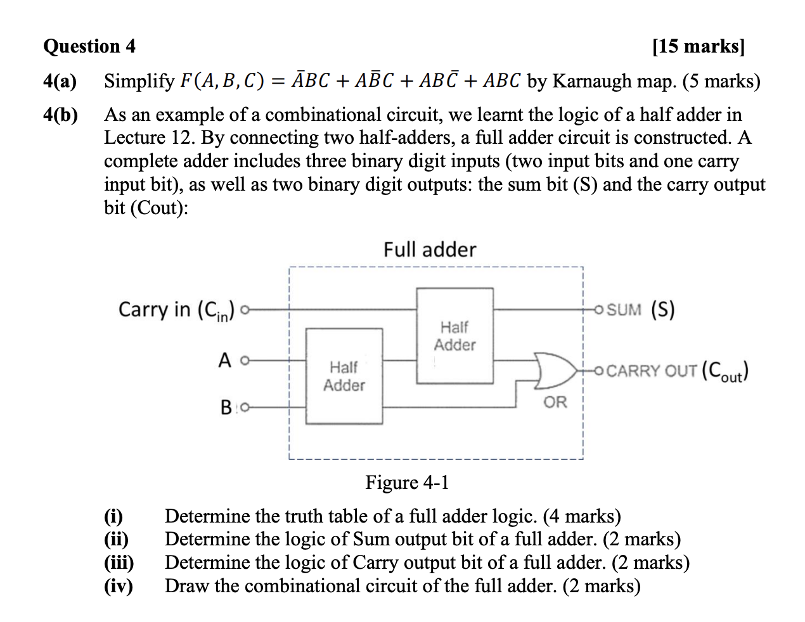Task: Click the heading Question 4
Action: [89, 46]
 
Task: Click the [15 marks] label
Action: [699, 46]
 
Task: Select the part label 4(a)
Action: [60, 81]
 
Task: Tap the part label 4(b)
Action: [60, 115]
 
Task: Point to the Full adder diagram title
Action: [429, 250]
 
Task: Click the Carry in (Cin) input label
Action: [176, 310]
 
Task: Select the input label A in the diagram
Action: [225, 360]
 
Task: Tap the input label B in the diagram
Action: [226, 407]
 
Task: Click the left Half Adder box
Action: [344, 376]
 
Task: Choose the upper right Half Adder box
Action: [454, 336]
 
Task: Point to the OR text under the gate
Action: [555, 402]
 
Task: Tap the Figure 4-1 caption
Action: [407, 483]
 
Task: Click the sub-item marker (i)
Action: [113, 516]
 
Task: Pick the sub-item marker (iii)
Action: [119, 562]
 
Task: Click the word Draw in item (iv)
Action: [186, 586]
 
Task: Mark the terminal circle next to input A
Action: [245, 360]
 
